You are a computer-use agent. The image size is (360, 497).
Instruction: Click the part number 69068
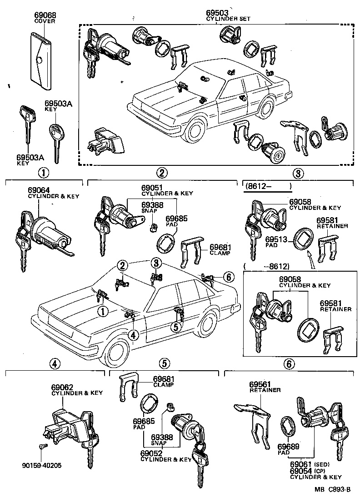point(44,15)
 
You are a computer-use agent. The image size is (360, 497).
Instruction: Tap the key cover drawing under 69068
point(40,59)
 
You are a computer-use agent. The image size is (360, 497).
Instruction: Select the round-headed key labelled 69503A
point(57,136)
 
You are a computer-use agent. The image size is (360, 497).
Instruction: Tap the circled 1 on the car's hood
point(103,311)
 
